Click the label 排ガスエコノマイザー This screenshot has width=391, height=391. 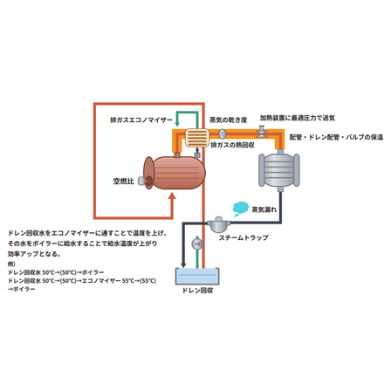point(141,120)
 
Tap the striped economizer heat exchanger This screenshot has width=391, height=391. point(197,138)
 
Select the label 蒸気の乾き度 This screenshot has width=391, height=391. point(229,120)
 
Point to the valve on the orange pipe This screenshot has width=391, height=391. point(261,132)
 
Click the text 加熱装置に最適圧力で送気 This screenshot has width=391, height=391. point(298,118)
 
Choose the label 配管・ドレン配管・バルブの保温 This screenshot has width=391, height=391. point(336,137)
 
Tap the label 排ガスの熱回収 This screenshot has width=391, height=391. point(232,145)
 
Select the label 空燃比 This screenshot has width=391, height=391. point(123,182)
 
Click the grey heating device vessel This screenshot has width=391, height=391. point(279,170)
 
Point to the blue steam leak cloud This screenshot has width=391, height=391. point(241,209)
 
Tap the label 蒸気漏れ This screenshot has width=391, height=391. point(264,209)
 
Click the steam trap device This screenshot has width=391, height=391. point(218,224)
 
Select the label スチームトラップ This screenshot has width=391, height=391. point(244,237)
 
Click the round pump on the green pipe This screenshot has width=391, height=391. point(197,244)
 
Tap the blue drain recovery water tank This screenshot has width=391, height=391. point(197,277)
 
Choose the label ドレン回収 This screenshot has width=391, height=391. point(197,291)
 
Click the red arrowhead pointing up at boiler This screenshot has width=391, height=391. point(172,197)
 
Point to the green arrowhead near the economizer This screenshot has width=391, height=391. point(177,124)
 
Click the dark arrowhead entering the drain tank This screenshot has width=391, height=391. point(183,265)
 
